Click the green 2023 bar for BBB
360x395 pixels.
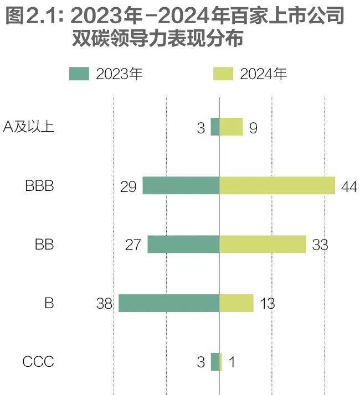[x=181, y=185]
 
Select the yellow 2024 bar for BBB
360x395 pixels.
[x=277, y=185]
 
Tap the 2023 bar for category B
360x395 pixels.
[x=169, y=303]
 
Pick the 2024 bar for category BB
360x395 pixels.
[x=263, y=244]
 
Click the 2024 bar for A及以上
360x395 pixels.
[x=231, y=127]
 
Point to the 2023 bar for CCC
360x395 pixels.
[x=215, y=362]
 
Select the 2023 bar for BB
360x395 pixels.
[x=183, y=244]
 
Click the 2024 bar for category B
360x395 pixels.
[x=236, y=303]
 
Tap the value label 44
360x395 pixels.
[x=348, y=186]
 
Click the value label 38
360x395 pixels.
[x=104, y=304]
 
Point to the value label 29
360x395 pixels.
[x=128, y=186]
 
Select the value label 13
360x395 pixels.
[x=266, y=304]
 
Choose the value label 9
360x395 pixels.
[x=253, y=128]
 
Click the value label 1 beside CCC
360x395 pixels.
[x=232, y=363]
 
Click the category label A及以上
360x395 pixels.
[x=28, y=127]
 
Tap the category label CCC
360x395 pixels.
[x=38, y=362]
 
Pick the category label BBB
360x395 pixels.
[x=39, y=185]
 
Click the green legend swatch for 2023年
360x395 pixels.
[x=79, y=74]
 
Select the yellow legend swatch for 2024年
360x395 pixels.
[x=223, y=74]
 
